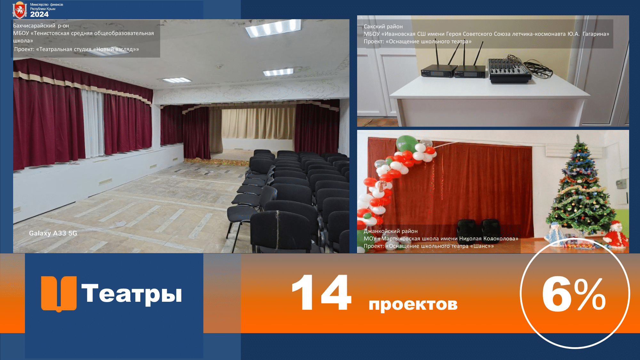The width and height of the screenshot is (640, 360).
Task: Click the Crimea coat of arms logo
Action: pos(20,10)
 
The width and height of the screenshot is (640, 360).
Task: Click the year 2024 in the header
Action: pos(39,14)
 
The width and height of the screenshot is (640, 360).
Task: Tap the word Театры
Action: pos(132,293)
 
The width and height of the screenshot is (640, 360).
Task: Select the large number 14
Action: pos(322,292)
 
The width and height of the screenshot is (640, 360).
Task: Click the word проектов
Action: pos(413,304)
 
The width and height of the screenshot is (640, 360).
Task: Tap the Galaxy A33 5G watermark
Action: pos(53,233)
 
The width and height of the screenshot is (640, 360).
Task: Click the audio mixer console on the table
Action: pos(509,70)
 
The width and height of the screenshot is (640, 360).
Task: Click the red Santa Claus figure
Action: pos(614,235)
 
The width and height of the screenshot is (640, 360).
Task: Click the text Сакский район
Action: pos(383,27)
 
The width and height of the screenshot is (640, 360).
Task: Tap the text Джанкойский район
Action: pos(390,231)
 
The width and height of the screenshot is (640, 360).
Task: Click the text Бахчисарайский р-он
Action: pos(41,26)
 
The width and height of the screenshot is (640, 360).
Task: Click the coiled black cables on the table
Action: pos(540,69)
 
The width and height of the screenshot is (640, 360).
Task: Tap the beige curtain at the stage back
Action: pos(258,124)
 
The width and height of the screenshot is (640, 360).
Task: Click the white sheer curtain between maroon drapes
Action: pos(92,123)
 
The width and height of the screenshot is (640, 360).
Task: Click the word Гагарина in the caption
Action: pos(596,34)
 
